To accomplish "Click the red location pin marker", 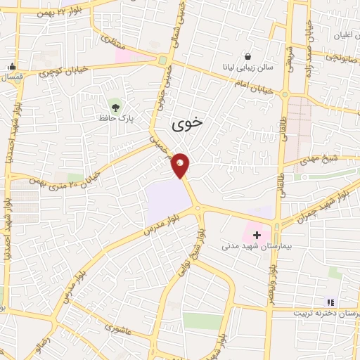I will pos(181,165).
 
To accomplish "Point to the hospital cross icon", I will pos(257,234).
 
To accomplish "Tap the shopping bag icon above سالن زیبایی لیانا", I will pos(247,56).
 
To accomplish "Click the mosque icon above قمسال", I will pos(12,67).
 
